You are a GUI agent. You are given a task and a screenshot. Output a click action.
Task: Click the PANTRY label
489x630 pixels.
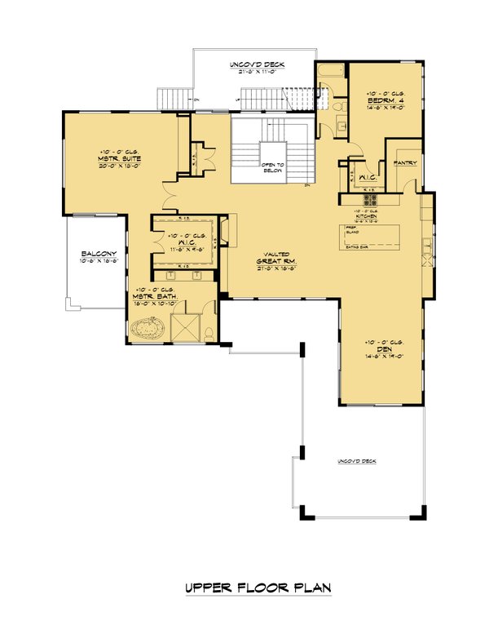[x=405, y=163]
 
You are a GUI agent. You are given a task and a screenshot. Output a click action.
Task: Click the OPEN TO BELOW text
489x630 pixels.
[x=272, y=166]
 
